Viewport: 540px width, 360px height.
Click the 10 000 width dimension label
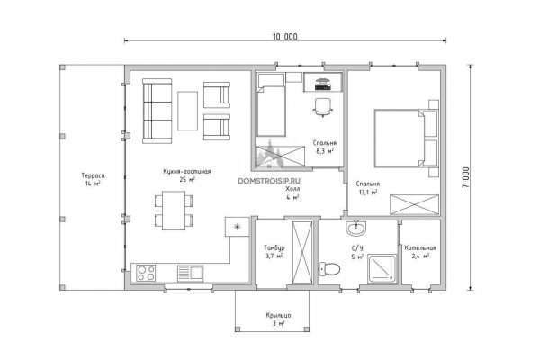point(285,37)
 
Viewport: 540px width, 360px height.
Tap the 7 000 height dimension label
point(465,177)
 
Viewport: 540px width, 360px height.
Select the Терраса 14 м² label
point(93,179)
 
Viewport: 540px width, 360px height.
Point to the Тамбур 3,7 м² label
point(274,252)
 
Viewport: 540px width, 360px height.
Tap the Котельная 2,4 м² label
point(420,252)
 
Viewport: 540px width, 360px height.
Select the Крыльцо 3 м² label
point(278,319)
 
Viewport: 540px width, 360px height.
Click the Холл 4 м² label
point(292,193)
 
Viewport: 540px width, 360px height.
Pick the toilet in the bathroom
point(329,269)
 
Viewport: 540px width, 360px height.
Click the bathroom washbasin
point(356,228)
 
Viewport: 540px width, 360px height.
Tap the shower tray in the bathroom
point(382,269)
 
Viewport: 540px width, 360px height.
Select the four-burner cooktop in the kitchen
point(146,274)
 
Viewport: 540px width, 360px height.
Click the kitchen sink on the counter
point(191,274)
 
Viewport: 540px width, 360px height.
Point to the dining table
point(174,211)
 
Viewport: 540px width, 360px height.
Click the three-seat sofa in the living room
point(157,111)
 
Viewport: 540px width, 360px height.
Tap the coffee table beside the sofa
point(188,111)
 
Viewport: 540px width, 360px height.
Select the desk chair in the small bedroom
point(323,107)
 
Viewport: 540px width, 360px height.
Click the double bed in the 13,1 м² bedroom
point(407,139)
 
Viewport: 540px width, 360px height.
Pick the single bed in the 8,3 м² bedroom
point(272,104)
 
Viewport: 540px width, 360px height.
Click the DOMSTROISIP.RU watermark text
point(269,181)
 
